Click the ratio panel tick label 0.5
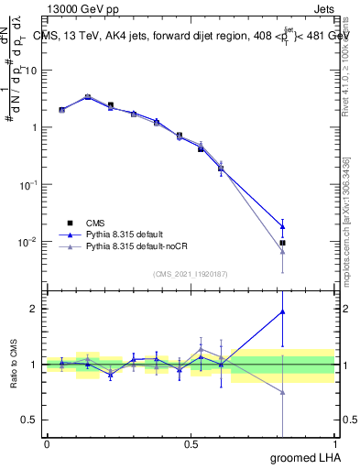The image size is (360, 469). [32, 420]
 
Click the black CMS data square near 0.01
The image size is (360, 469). [282, 243]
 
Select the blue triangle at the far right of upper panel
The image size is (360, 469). [282, 226]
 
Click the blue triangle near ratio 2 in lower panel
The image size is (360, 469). [282, 311]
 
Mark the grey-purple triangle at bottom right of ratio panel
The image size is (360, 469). [282, 392]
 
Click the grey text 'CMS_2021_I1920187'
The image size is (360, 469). [190, 273]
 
